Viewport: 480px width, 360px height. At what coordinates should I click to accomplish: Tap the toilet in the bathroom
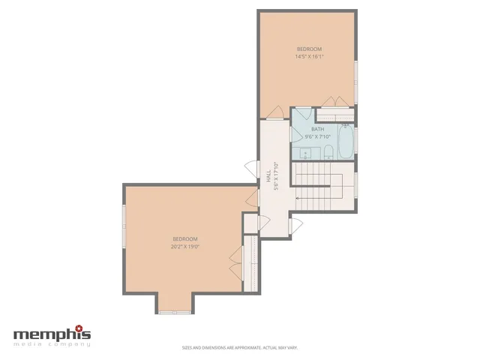328,154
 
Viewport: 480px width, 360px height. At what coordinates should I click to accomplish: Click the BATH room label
318,130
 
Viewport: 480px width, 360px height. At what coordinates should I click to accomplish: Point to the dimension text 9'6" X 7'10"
318,137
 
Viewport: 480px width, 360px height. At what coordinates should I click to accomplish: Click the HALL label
268,175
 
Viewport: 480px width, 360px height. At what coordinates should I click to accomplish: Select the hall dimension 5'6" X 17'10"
276,176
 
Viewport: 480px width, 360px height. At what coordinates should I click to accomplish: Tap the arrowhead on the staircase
298,198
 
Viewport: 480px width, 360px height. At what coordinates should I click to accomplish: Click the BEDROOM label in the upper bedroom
307,49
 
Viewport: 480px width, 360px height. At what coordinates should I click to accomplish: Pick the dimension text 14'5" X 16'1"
307,57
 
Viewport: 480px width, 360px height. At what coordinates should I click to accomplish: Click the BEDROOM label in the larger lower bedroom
184,238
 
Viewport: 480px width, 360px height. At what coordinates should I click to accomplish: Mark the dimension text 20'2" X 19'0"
184,246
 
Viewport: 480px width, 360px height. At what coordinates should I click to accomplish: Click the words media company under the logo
52,344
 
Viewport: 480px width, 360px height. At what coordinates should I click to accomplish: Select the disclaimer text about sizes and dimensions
239,347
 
